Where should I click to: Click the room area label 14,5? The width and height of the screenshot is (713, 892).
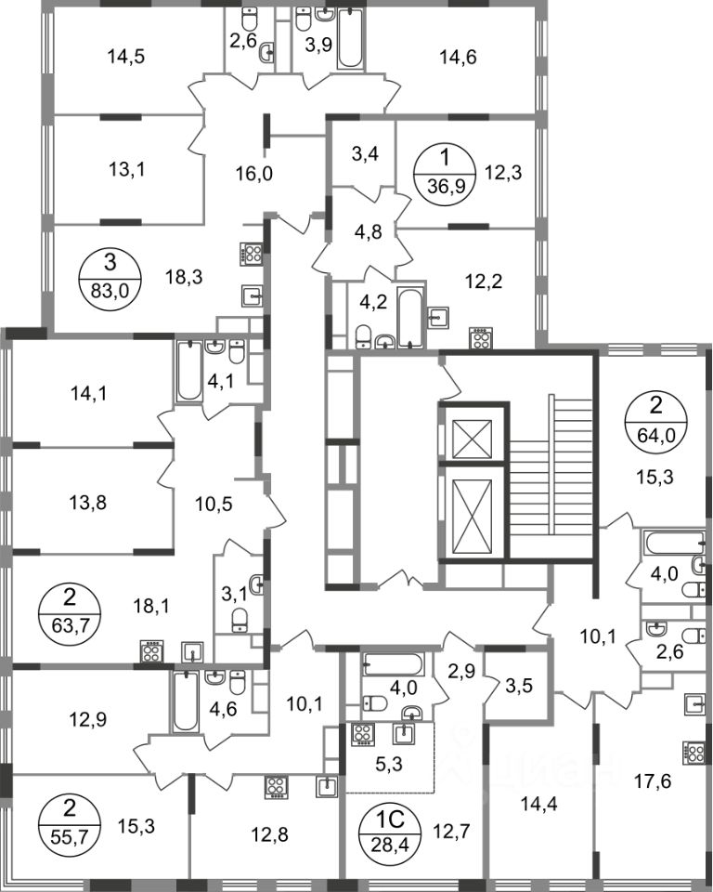(x=125, y=57)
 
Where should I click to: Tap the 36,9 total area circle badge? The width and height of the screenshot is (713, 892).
(x=444, y=171)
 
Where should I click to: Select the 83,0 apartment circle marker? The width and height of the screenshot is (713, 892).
(x=110, y=275)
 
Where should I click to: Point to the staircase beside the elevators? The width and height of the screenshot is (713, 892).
(x=551, y=475)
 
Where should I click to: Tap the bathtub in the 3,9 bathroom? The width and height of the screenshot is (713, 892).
(x=350, y=38)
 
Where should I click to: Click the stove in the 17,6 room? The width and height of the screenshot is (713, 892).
(x=693, y=752)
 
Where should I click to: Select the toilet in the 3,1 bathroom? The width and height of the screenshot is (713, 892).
(x=240, y=619)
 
